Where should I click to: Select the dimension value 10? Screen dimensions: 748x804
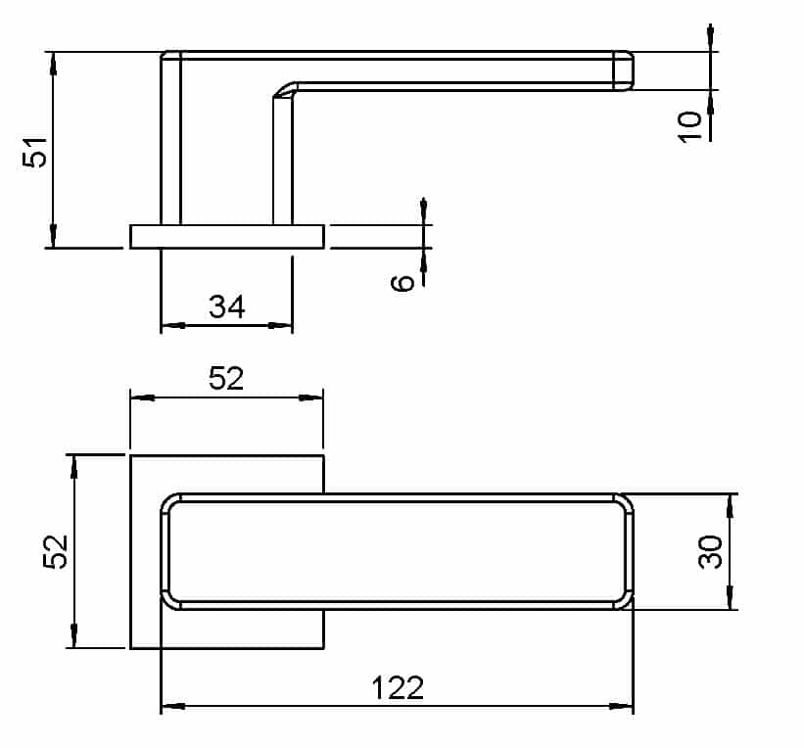pos(690,125)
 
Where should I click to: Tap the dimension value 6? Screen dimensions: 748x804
pos(402,283)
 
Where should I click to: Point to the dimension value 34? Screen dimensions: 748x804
pos(226,307)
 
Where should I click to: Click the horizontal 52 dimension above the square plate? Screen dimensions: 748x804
pos(225,378)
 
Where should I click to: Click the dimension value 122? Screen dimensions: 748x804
pos(397,687)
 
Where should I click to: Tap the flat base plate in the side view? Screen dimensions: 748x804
pos(226,236)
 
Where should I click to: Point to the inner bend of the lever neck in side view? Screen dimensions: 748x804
pos(283,91)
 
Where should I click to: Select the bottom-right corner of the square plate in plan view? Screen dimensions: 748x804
pos(323,648)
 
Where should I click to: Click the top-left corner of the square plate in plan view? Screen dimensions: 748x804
pos(131,455)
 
